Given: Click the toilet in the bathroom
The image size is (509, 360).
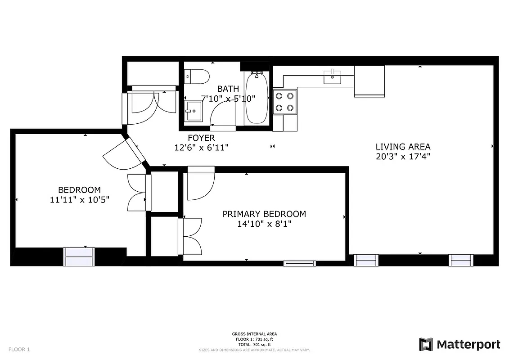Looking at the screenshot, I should coord(197,76).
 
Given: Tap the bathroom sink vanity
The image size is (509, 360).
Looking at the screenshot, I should coord(194,111).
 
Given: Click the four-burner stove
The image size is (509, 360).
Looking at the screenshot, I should coord(285,102).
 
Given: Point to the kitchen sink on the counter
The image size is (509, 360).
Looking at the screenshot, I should coord(333,77).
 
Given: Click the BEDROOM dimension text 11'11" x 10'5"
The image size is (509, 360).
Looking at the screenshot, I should coord(79,199).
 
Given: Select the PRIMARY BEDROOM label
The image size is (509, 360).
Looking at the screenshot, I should coord(264,214).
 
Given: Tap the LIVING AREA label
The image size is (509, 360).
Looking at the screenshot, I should coord(403,146).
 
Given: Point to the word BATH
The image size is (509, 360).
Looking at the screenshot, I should coord(228,89).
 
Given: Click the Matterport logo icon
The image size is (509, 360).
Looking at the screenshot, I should coord(426,344).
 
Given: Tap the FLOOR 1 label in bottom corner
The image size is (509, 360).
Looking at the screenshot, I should coord(19,349).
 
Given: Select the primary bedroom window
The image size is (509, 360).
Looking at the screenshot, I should coord(299,263).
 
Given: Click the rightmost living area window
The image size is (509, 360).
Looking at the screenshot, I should coord(461,260).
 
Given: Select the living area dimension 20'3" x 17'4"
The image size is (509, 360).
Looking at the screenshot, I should coord(403,157).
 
